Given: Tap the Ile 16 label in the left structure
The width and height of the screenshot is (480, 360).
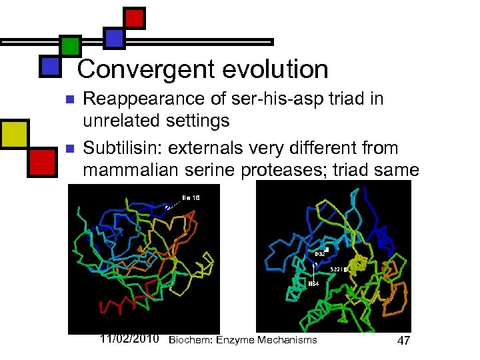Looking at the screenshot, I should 190,197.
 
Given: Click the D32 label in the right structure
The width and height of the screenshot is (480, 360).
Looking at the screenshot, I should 319,253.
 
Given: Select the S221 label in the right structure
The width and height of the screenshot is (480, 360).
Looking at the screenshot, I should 337,269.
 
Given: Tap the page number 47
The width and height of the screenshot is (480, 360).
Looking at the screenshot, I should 403,341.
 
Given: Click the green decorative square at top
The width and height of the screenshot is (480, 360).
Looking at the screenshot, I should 70,45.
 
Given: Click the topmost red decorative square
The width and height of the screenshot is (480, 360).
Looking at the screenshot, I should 135,17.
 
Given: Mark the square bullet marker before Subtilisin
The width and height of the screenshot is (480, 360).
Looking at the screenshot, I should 69,147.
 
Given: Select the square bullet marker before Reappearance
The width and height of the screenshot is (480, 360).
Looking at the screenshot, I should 69,99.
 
